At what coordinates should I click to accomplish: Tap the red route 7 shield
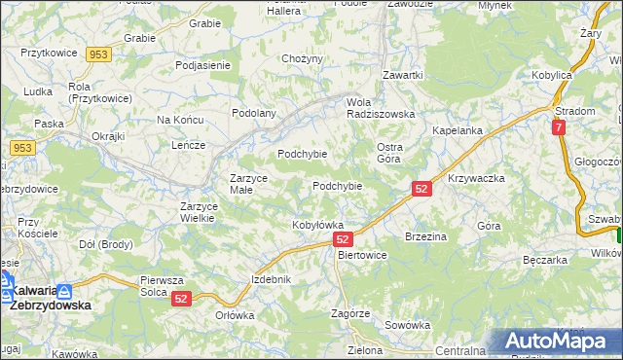[558, 127]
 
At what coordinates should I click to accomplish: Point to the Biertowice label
[361, 255]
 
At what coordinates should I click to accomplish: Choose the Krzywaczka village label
[476, 179]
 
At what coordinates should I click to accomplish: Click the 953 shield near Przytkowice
[96, 54]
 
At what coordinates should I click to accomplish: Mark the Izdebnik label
[272, 279]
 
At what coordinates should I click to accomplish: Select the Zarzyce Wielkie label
[203, 212]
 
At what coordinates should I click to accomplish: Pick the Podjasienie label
[202, 65]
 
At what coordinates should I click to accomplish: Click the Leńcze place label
[187, 145]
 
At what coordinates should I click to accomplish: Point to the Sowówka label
[408, 325]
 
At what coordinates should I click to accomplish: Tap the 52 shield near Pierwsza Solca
[181, 301]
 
